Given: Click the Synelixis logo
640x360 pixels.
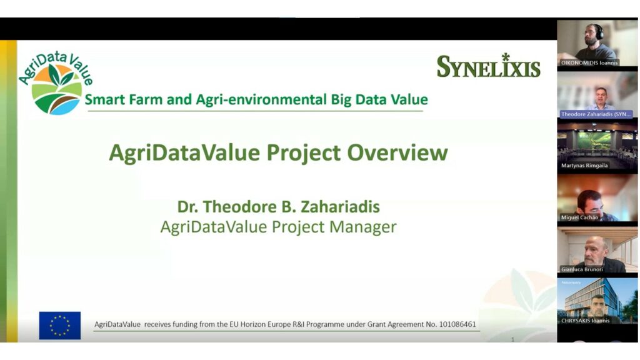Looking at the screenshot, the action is pyautogui.click(x=489, y=66).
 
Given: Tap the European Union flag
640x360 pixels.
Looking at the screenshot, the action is pyautogui.click(x=60, y=325).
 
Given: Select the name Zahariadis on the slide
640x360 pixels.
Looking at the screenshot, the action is pyautogui.click(x=341, y=206).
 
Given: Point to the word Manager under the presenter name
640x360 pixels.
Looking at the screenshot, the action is pyautogui.click(x=363, y=226).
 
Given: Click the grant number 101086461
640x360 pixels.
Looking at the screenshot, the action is pyautogui.click(x=457, y=324).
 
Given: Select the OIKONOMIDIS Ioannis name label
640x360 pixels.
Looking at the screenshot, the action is pyautogui.click(x=589, y=63).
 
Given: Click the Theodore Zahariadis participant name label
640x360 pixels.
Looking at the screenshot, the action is pyautogui.click(x=596, y=114).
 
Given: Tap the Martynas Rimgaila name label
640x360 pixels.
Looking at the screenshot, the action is pyautogui.click(x=584, y=166).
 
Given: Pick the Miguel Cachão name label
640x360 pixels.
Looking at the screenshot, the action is pyautogui.click(x=579, y=217).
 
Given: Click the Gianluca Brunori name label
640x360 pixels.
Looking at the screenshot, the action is pyautogui.click(x=582, y=269).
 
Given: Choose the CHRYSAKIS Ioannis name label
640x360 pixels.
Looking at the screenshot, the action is pyautogui.click(x=585, y=321).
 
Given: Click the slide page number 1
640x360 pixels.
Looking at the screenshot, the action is pyautogui.click(x=512, y=339).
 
